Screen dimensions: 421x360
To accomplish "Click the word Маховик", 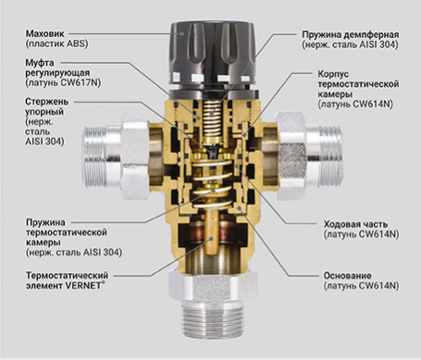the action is (x=45, y=33).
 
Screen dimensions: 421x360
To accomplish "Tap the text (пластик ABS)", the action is (x=57, y=43).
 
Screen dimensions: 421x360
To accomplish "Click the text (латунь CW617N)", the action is (x=64, y=82).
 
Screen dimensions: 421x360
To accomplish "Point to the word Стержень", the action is (x=47, y=102).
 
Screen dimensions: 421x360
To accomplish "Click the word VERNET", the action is (x=83, y=285).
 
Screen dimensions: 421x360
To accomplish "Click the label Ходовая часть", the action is (x=355, y=224).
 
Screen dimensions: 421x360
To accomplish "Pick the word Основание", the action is (x=347, y=275).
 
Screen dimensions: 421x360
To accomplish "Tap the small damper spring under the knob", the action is (x=212, y=120).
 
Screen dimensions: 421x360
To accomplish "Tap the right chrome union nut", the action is (x=291, y=155).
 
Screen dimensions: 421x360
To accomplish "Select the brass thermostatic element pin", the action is (x=212, y=231).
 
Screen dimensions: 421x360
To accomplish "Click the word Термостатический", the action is (x=67, y=275).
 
